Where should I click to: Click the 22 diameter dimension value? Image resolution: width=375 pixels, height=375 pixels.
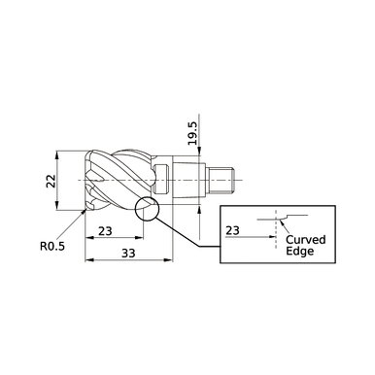point(51,181)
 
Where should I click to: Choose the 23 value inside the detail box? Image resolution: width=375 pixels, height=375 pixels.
point(232,230)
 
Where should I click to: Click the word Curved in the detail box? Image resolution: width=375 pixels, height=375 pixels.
point(305,239)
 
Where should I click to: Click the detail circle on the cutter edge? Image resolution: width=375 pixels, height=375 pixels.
point(145,208)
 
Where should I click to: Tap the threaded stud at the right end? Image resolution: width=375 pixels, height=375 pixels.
point(225,180)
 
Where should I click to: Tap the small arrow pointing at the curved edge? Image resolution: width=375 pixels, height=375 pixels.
point(280,225)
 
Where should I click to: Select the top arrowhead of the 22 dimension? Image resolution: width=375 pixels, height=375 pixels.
point(59,153)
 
